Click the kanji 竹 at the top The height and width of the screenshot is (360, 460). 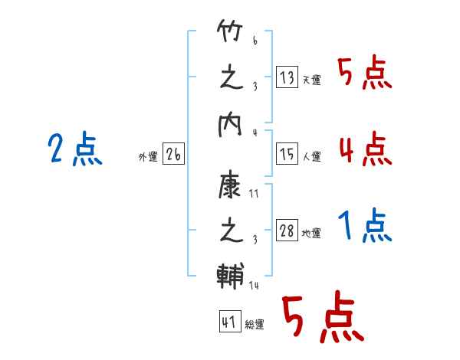coord(230,31)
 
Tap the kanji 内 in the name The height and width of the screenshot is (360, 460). coord(230,125)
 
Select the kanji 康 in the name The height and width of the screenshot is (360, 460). coord(229,186)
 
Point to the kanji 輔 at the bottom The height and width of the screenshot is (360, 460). coord(231,276)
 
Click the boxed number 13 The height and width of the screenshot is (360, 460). coord(287,77)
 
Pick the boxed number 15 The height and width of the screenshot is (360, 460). coord(287,154)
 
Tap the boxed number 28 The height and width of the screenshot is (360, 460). coord(287,230)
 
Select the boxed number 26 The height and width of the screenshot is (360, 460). coord(173,154)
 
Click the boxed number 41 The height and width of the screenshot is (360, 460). coord(230,321)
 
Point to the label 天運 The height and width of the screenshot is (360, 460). coord(312,80)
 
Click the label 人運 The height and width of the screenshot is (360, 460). coord(312,156)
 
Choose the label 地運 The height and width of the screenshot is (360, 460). coord(311,234)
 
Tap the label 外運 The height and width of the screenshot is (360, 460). coord(148,157)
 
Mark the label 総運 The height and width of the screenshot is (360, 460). coord(255,325)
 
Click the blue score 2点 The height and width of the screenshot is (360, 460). coord(75,149)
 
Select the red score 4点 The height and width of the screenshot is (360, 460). coord(366,149)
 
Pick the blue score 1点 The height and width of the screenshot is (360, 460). coord(365,225)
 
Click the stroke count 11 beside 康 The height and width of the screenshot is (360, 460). coord(254,194)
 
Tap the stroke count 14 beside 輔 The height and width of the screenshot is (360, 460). coord(254,285)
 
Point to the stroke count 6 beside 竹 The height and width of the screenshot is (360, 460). coord(255,41)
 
